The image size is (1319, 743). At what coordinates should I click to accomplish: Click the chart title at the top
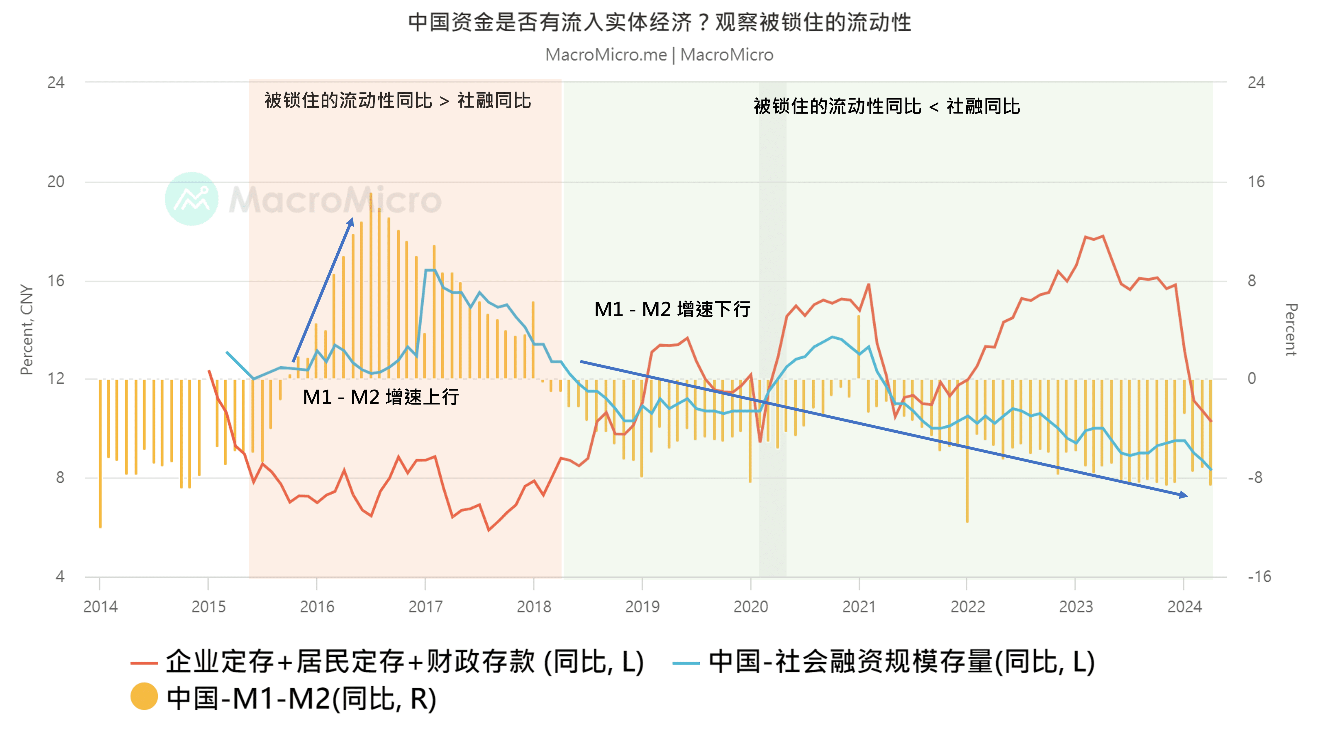click(659, 23)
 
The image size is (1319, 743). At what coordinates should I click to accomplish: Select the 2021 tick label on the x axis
click(859, 607)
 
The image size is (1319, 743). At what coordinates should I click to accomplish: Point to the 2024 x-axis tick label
click(1184, 607)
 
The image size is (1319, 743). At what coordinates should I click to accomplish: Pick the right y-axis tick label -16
click(1259, 577)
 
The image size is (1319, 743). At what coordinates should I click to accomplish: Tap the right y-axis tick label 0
click(1252, 379)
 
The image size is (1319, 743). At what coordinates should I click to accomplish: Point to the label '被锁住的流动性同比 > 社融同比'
click(397, 100)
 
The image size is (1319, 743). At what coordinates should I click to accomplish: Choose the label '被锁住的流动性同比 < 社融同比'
click(886, 107)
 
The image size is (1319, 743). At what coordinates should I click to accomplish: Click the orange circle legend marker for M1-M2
click(144, 697)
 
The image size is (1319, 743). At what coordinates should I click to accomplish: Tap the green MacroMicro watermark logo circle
click(191, 199)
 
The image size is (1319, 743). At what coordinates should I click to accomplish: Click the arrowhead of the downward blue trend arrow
click(1184, 495)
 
